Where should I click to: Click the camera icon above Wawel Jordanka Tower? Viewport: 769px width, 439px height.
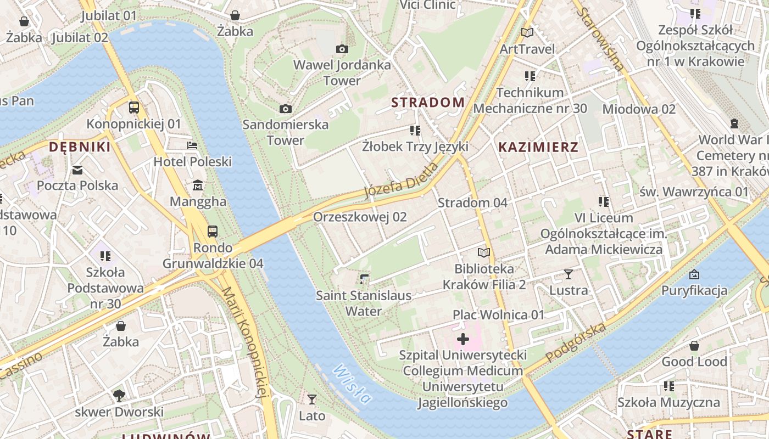[x=342, y=49]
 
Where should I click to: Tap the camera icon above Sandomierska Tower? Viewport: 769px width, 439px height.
[x=285, y=109]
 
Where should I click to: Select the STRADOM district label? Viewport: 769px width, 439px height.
[x=428, y=102]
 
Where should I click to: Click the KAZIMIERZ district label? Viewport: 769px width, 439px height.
[x=538, y=147]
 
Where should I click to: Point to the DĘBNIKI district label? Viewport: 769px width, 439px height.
[x=80, y=147]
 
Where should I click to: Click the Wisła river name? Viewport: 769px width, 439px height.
[x=352, y=384]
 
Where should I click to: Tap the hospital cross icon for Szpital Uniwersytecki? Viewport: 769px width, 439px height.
[x=463, y=340]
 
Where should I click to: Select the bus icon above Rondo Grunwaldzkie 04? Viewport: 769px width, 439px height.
[x=213, y=232]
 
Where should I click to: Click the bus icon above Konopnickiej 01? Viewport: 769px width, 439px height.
[x=133, y=108]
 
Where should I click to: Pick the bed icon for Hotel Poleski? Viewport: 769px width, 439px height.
[x=192, y=145]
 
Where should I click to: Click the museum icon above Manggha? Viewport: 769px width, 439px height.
[x=198, y=185]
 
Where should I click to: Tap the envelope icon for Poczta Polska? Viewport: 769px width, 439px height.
[x=77, y=170]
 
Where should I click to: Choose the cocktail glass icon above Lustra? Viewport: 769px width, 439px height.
[x=569, y=274]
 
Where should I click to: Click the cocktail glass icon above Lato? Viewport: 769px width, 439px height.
[x=312, y=399]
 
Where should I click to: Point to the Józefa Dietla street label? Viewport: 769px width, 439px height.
[x=402, y=180]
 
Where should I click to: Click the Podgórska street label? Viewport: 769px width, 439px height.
[x=576, y=343]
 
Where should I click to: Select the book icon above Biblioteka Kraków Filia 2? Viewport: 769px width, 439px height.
[x=483, y=252]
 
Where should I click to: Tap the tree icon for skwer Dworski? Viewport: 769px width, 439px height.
[x=119, y=395]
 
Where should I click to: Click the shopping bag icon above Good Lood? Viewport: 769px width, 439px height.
[x=694, y=346]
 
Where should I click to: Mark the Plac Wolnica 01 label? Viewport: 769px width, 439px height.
[x=498, y=314]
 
